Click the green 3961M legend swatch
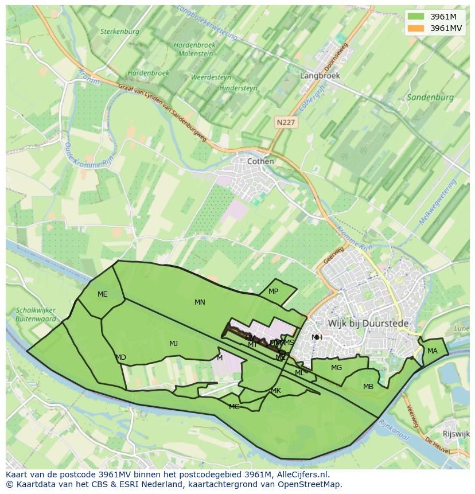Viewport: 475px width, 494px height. coord(416,17)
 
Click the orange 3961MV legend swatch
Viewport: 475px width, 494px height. coord(416,28)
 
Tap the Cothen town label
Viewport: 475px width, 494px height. coord(260,161)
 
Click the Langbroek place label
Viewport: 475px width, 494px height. coord(320,75)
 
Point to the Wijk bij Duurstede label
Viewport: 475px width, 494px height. coord(368,324)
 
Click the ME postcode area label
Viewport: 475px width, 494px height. coord(102,294)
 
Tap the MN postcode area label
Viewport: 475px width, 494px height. coord(200,302)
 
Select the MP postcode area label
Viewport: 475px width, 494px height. coord(273,291)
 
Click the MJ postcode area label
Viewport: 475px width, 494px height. coord(173,344)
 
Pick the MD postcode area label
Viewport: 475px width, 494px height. coord(120,357)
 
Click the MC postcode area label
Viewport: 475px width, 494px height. coord(234,407)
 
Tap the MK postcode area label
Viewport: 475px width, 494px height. coord(276,391)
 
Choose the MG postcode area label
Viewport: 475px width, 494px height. coord(336,368)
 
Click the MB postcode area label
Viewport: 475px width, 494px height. coord(368,387)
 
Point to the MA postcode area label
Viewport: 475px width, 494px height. coord(432,351)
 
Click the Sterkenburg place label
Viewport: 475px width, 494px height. coord(120,32)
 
